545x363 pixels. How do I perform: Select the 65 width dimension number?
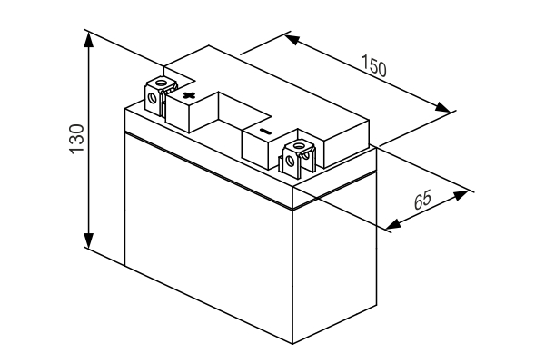coord(424,201)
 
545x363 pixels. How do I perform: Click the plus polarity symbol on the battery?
coord(188,93)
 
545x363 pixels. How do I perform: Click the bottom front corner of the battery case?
coord(292,344)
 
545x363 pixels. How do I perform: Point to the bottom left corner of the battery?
coord(124,264)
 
